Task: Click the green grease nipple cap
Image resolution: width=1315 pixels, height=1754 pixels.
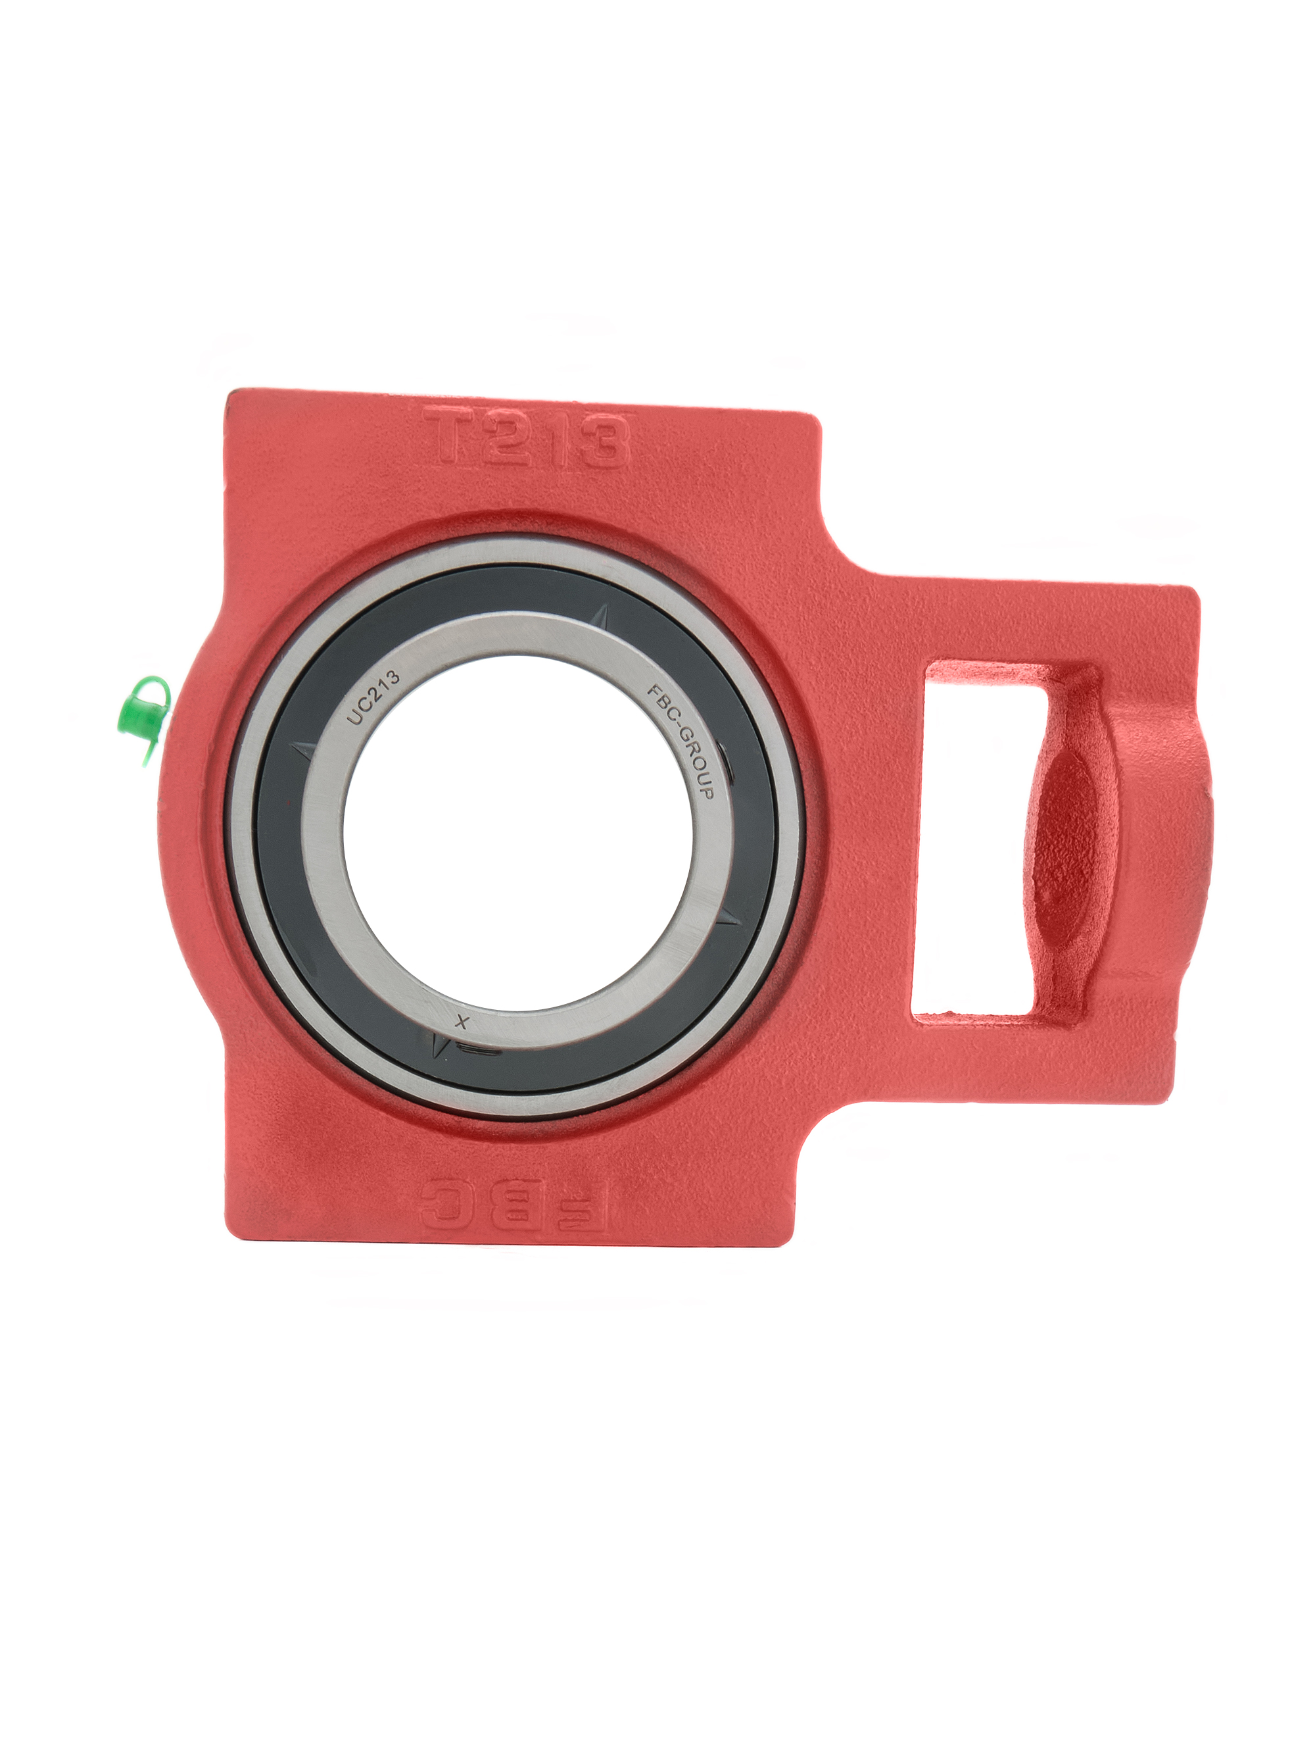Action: pyautogui.click(x=143, y=719)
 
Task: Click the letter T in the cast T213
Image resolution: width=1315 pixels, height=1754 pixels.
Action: pyautogui.click(x=448, y=436)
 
